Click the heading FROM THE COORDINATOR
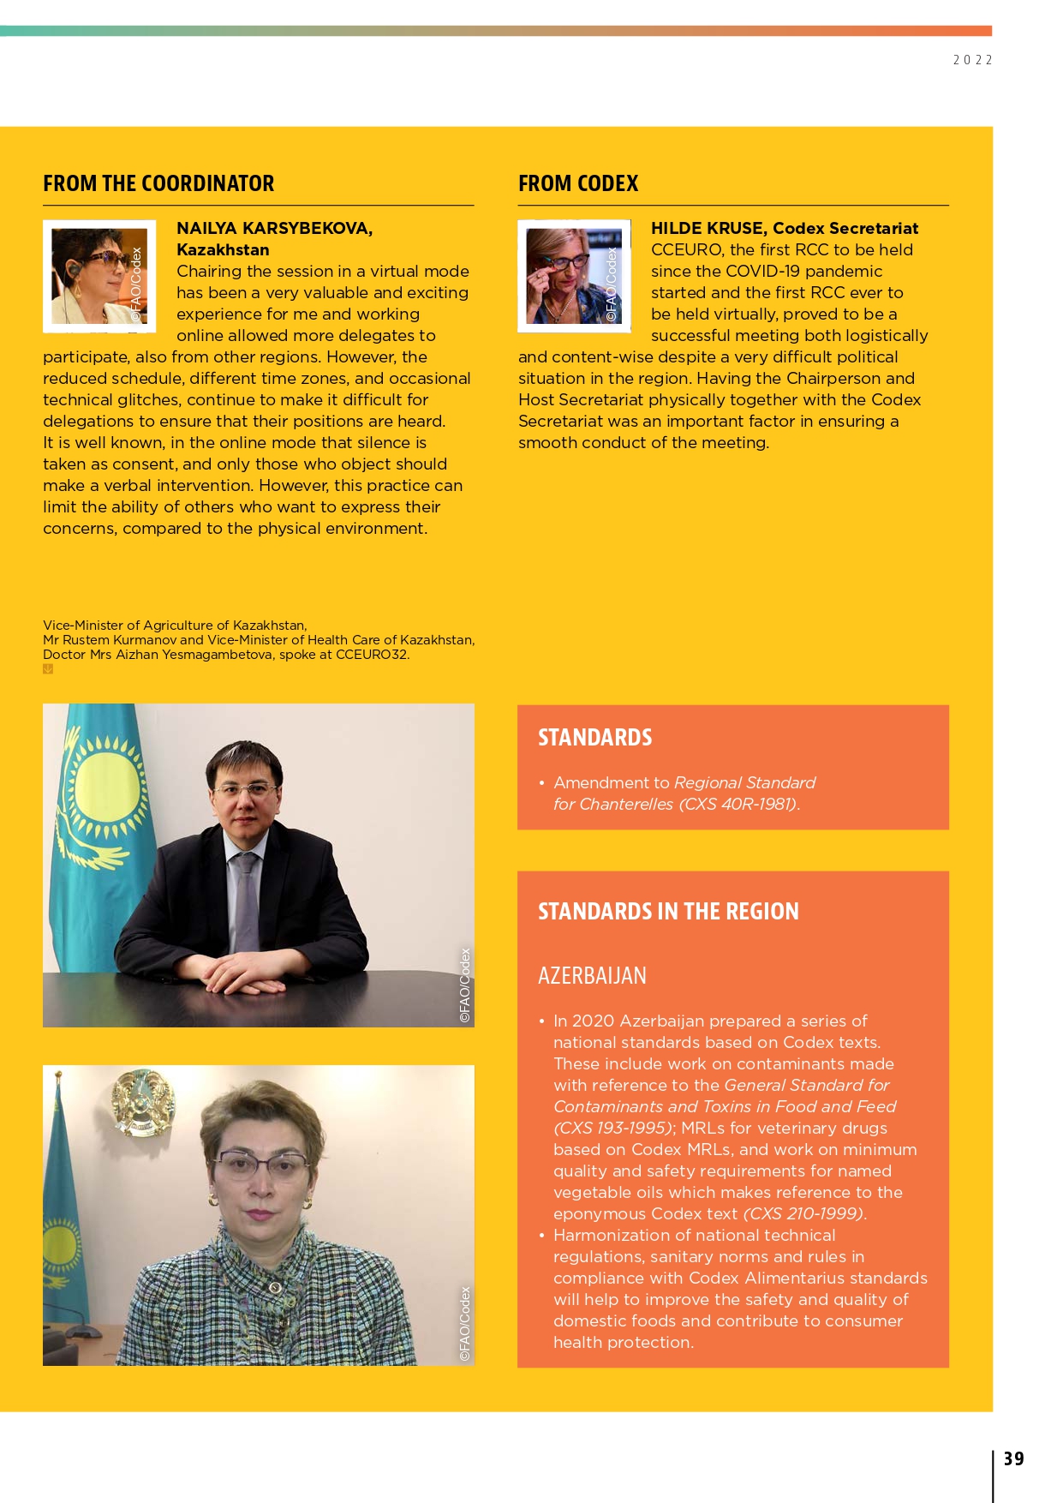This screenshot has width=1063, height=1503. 158,183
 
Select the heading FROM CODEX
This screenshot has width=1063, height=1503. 578,183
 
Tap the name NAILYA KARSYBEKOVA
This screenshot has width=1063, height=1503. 274,228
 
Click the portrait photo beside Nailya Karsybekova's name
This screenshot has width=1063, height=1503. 99,276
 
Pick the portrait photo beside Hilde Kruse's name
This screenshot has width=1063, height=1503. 574,276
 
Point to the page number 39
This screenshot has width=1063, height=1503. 1013,1458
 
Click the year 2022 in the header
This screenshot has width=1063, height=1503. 972,60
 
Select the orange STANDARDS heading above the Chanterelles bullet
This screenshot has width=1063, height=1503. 594,738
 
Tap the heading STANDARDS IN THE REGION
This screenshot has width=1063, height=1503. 668,912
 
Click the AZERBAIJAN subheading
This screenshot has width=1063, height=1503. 592,976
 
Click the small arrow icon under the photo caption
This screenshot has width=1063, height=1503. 48,669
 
